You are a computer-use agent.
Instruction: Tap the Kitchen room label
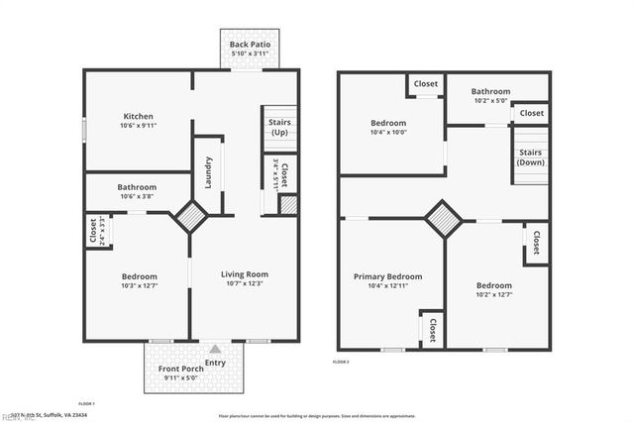click(x=138, y=116)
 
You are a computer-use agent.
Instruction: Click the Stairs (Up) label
click(x=278, y=128)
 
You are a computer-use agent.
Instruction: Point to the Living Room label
click(x=244, y=274)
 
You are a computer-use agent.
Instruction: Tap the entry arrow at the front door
click(x=216, y=349)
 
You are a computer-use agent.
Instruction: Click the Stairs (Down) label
click(x=530, y=158)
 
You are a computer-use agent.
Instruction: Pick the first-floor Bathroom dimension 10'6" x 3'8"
click(x=137, y=196)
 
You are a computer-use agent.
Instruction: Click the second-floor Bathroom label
click(x=490, y=91)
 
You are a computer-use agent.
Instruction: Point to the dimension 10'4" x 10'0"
click(x=388, y=133)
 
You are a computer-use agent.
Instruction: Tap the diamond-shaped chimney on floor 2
click(x=443, y=219)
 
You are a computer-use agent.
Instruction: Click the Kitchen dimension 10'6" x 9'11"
click(x=138, y=127)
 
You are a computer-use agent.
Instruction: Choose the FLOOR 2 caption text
click(x=341, y=363)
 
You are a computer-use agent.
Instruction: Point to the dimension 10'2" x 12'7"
click(x=493, y=294)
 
